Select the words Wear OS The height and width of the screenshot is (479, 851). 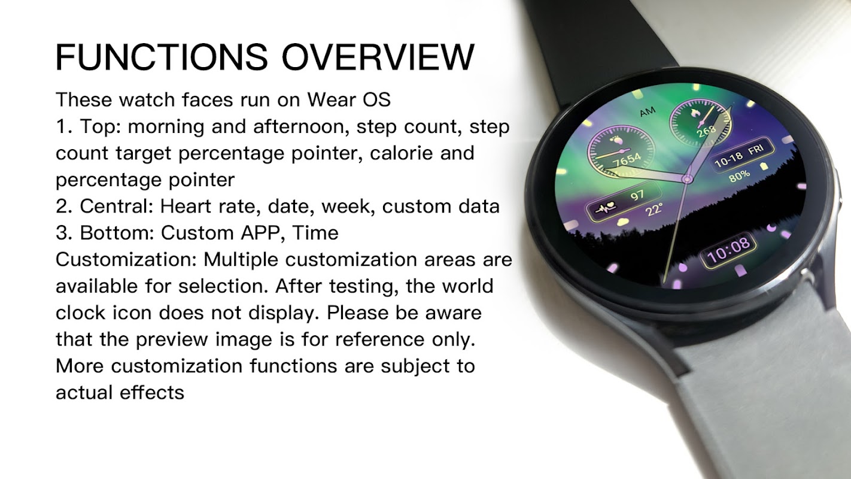(349, 99)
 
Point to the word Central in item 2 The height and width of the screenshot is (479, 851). (116, 207)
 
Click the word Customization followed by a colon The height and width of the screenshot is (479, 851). (126, 260)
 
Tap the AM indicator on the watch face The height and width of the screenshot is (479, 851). (648, 112)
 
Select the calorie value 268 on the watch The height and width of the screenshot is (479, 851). (706, 132)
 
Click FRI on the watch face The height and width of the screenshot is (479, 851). (756, 150)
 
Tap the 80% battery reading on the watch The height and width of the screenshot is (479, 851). (739, 175)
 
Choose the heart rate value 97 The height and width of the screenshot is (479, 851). (637, 195)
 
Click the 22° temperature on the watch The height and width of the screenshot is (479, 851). (654, 210)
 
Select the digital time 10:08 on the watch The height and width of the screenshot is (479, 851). (728, 250)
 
